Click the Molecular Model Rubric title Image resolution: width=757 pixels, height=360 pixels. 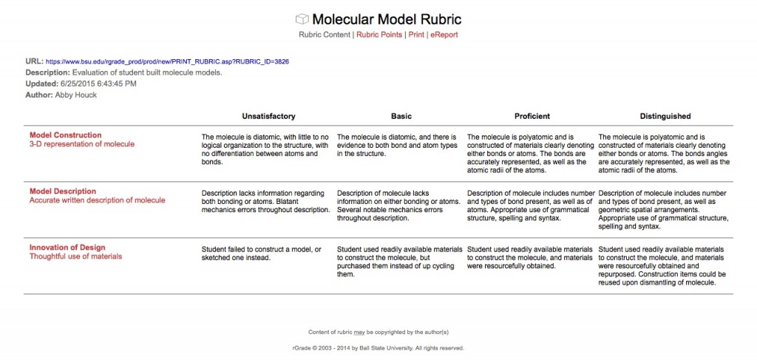coord(387,19)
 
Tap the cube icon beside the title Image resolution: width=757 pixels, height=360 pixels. coord(302,19)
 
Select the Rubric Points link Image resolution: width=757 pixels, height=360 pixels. coord(380,35)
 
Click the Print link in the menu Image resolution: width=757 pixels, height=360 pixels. coord(416,35)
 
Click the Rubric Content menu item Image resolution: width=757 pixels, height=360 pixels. coord(325,35)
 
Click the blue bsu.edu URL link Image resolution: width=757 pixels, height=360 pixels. coord(167,61)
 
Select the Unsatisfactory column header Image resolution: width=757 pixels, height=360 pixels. coord(268,116)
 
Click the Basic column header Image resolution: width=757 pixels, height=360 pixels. coord(401,116)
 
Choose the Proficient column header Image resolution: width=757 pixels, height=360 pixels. coord(532,116)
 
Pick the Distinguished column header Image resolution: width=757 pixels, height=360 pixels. coord(665,116)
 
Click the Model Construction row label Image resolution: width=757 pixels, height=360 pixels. coord(66,135)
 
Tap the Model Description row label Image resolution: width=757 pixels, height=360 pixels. coord(63,191)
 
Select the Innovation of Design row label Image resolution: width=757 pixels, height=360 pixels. coord(67,248)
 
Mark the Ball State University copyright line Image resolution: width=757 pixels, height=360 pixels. coord(378,347)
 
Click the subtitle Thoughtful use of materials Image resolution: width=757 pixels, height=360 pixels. coord(75,257)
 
